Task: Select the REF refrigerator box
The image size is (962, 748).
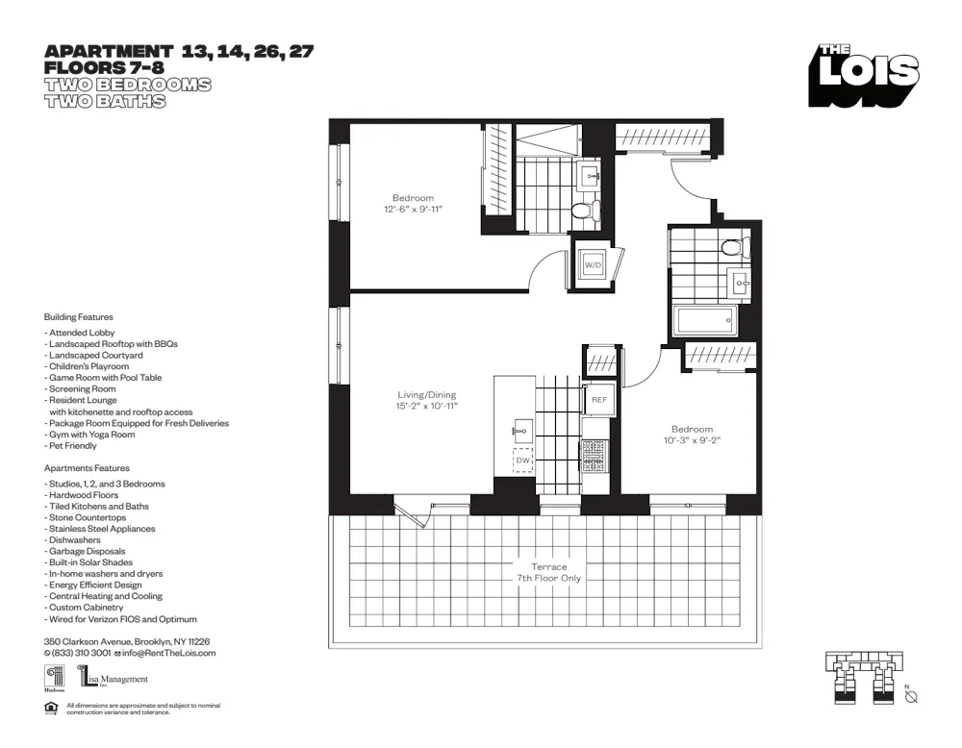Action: [598, 399]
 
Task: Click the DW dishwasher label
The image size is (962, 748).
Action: [522, 461]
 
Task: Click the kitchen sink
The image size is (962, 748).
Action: [522, 429]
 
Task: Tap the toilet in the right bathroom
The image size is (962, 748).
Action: [733, 248]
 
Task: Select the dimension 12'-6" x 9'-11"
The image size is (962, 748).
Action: [414, 210]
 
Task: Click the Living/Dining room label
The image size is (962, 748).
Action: [427, 394]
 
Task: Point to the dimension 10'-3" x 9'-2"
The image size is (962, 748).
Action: [692, 440]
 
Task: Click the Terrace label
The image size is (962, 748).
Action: [549, 567]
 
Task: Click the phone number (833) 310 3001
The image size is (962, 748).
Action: [81, 653]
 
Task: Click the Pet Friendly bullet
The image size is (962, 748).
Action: [70, 446]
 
